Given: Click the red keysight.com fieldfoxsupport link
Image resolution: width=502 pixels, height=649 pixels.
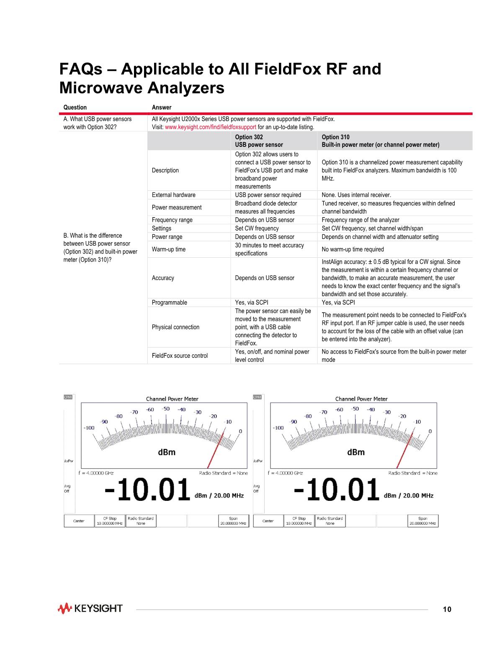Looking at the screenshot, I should click(211, 127).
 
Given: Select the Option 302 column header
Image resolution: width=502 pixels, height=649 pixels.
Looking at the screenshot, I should click(259, 141).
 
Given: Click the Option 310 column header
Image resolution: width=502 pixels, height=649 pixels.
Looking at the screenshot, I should click(380, 141).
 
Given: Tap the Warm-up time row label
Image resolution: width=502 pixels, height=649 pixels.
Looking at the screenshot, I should click(169, 249).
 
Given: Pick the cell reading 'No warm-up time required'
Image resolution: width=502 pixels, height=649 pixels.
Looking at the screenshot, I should click(353, 249).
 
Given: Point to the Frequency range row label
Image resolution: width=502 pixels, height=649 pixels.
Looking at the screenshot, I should click(172, 220).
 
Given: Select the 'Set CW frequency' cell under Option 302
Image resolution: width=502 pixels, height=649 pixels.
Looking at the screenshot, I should click(257, 228).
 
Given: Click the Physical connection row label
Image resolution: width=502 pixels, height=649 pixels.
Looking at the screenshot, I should click(175, 327).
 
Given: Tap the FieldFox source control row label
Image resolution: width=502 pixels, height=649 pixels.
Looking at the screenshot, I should click(180, 356).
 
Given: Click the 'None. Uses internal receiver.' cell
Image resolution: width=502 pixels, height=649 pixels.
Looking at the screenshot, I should click(356, 195).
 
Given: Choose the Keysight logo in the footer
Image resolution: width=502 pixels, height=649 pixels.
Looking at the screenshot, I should click(90, 608).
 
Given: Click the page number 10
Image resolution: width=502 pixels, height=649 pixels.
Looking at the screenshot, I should click(447, 609).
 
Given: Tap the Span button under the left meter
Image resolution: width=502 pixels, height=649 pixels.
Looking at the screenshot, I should click(234, 521).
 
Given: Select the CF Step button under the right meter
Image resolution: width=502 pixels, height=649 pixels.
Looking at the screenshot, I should click(299, 521).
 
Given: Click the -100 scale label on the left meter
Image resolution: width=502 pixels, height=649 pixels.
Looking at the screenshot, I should click(89, 428).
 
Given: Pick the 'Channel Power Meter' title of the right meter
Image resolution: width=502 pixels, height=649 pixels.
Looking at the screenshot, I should click(361, 399).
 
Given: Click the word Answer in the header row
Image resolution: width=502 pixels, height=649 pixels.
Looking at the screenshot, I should click(161, 108).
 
